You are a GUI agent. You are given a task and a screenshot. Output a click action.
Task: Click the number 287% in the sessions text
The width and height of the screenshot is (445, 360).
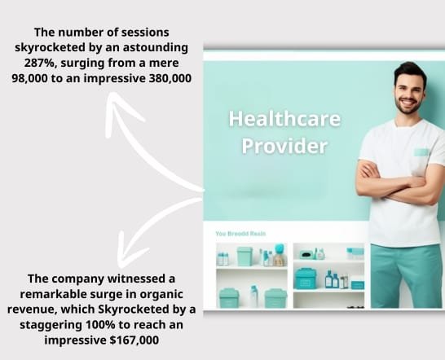pyautogui.click(x=38, y=63)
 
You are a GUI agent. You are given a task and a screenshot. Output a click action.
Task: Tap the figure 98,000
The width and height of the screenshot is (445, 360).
pyautogui.click(x=29, y=78)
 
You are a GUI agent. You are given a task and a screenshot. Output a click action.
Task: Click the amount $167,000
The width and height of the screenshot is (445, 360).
pyautogui.click(x=134, y=340)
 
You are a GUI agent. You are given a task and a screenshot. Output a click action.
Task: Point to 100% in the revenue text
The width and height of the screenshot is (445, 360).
pyautogui.click(x=100, y=324)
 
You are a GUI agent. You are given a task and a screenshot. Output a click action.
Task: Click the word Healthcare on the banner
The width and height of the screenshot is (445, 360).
pyautogui.click(x=284, y=119)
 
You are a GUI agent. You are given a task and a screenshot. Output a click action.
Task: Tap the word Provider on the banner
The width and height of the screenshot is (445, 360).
pyautogui.click(x=284, y=146)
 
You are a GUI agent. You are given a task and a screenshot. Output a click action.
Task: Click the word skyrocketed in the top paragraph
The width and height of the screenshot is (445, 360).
pyautogui.click(x=50, y=48)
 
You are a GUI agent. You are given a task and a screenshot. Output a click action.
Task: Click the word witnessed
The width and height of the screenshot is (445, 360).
pyautogui.click(x=139, y=279)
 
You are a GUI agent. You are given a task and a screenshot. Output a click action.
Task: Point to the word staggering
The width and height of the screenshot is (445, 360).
pyautogui.click(x=51, y=325)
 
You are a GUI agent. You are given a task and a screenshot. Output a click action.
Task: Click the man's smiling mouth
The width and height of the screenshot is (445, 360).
pyautogui.click(x=408, y=101)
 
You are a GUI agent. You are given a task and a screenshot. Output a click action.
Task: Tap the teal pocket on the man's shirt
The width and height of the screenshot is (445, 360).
pyautogui.click(x=422, y=152)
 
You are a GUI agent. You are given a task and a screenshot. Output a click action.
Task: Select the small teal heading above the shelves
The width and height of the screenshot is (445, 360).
pyautogui.click(x=240, y=234)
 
